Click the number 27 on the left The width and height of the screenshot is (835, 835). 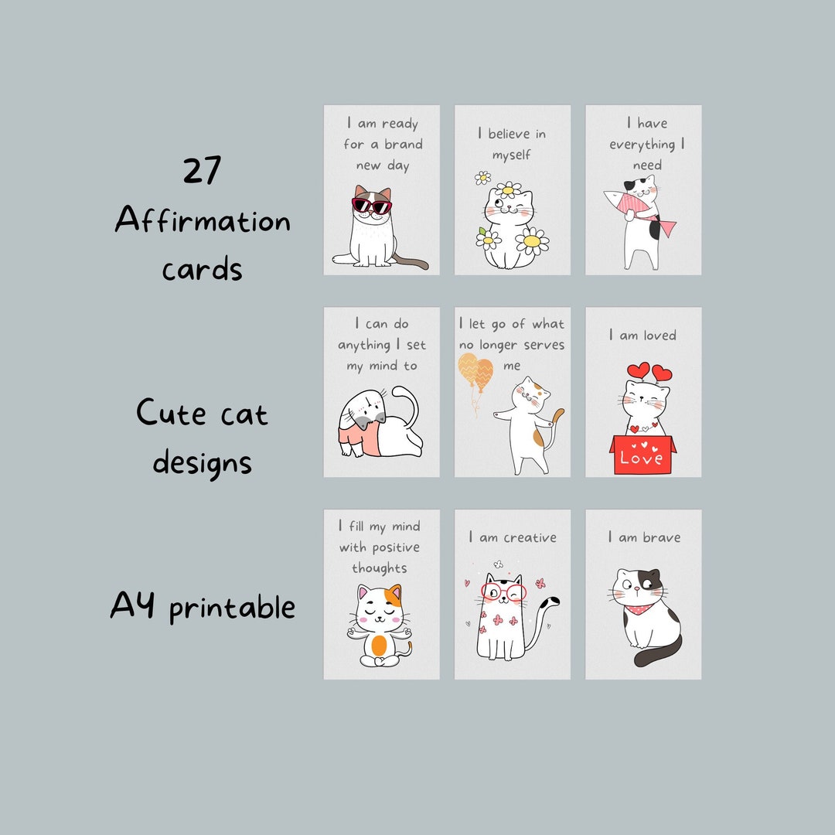pyautogui.click(x=203, y=170)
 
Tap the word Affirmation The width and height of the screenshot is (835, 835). pyautogui.click(x=203, y=222)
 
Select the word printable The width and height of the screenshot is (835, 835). pyautogui.click(x=232, y=608)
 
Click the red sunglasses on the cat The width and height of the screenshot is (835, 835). pyautogui.click(x=372, y=206)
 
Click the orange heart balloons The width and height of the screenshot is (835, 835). pyautogui.click(x=474, y=371)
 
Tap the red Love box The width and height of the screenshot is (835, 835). pyautogui.click(x=642, y=455)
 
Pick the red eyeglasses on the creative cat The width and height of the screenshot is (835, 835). pyautogui.click(x=503, y=592)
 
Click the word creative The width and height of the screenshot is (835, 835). pyautogui.click(x=530, y=537)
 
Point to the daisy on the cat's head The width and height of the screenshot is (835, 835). pyautogui.click(x=508, y=189)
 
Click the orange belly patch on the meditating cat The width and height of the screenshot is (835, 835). pyautogui.click(x=379, y=646)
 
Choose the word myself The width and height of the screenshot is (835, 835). pyautogui.click(x=512, y=155)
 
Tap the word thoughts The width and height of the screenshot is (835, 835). pyautogui.click(x=379, y=568)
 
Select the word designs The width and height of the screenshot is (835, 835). pyautogui.click(x=203, y=464)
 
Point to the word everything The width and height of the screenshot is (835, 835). pyautogui.click(x=642, y=145)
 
